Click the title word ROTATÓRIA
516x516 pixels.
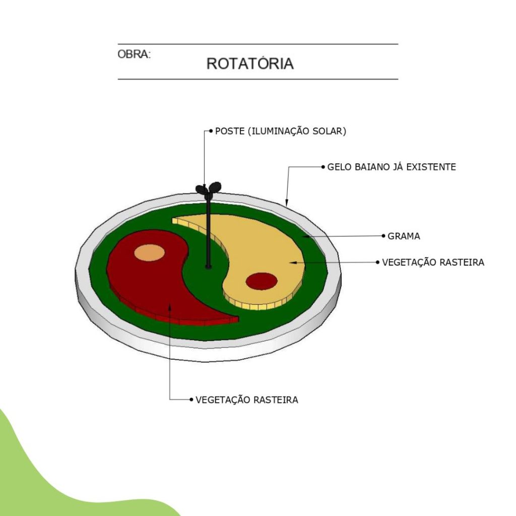coord(250,63)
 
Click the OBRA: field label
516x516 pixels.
coord(134,54)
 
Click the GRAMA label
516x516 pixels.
coord(404,236)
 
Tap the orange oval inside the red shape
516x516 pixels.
coord(149,253)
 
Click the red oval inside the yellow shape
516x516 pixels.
coord(262,281)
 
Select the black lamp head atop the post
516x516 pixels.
coord(208,189)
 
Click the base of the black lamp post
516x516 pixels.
coord(208,267)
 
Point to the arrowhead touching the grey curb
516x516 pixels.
coord(287,202)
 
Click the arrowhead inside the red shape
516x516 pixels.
coord(170,307)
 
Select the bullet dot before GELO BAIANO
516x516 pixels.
coord(323,167)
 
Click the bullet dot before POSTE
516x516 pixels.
coord(211,131)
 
